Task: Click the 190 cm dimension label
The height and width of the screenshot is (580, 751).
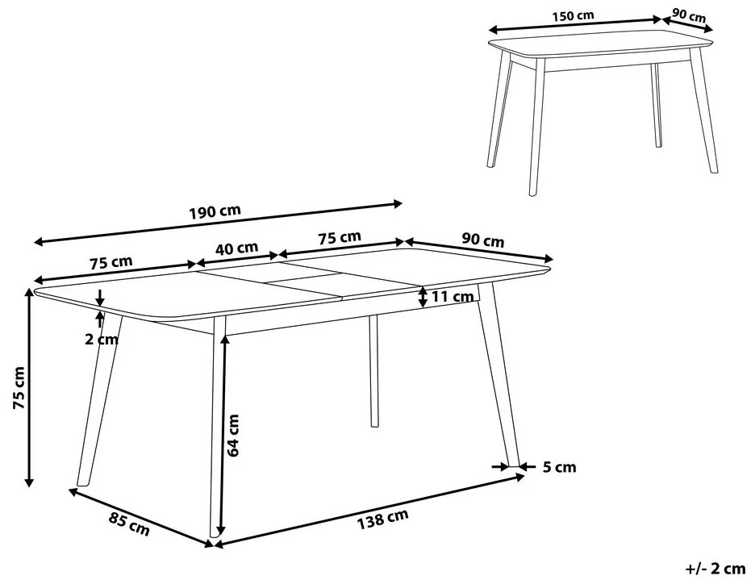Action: tap(214, 211)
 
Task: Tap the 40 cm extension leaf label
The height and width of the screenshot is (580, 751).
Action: tap(236, 248)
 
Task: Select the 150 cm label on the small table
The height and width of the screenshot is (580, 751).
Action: tap(573, 16)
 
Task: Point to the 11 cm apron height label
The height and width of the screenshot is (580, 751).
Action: tap(453, 297)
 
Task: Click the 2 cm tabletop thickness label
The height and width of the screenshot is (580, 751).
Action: tap(102, 339)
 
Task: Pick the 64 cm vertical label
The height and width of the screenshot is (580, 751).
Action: tap(233, 436)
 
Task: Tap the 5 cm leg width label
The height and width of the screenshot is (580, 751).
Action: tap(560, 466)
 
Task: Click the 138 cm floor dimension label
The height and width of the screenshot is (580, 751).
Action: tap(382, 519)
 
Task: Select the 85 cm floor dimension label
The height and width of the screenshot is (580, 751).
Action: tap(129, 524)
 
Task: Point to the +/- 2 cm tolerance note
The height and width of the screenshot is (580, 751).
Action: tap(716, 569)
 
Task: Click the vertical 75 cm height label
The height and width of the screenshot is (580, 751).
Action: tap(19, 388)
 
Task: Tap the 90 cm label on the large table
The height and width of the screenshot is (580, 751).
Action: tap(482, 240)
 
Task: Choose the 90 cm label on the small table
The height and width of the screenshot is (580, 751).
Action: tap(688, 15)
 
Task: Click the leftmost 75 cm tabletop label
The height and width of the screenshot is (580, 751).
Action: tap(111, 262)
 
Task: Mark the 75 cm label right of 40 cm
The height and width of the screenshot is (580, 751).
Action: tap(340, 237)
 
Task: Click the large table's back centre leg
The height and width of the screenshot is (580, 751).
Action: tap(373, 370)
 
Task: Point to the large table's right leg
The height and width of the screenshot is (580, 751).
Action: tap(499, 374)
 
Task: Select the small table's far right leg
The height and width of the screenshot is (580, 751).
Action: tap(704, 111)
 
